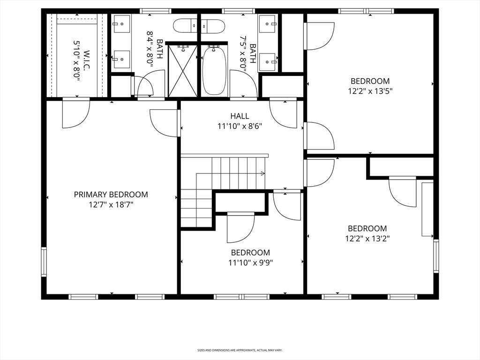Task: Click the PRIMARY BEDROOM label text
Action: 111,194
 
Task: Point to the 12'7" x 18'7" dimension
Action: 111,204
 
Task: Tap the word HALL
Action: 240,116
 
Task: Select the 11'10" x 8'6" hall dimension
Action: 240,126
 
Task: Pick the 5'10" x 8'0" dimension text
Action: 77,61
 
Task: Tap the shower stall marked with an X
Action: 183,70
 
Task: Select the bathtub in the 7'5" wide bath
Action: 215,70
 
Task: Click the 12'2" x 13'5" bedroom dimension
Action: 370,91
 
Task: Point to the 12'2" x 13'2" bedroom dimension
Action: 367,238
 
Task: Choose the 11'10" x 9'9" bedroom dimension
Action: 250,262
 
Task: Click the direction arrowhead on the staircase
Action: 262,173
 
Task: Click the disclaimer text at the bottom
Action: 240,350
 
